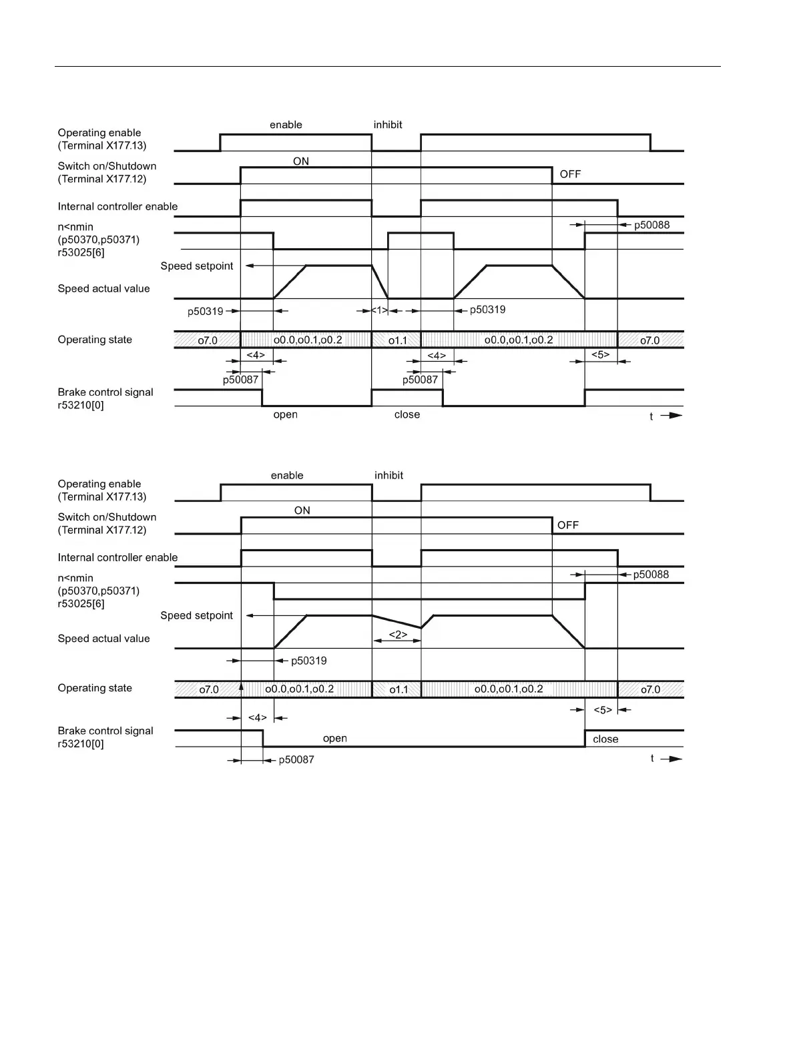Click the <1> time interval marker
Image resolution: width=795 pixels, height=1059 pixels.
point(380,310)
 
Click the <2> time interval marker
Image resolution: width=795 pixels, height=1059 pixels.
point(397,635)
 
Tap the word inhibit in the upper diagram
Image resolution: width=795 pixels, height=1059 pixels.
point(388,125)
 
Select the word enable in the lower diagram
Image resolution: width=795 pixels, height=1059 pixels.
point(287,475)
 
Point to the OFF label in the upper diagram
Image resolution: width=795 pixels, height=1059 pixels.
point(570,174)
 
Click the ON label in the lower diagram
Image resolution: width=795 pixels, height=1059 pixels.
point(302,510)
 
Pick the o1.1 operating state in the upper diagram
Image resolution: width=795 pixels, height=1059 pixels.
point(398,340)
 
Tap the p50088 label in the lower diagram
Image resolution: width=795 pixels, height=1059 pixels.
point(651,574)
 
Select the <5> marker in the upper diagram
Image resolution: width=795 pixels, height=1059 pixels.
point(600,354)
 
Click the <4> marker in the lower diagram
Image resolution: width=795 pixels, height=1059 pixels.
point(257,717)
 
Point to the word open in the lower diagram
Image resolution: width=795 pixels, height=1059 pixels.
point(334,738)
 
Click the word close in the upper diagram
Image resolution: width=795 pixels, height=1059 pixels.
point(407,414)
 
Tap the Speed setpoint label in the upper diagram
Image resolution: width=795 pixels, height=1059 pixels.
point(197,266)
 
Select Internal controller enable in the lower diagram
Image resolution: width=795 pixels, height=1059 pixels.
point(117,557)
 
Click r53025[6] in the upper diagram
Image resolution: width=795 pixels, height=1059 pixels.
point(81,252)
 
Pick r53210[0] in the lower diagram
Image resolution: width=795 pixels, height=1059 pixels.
point(81,743)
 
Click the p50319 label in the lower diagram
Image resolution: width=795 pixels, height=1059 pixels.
point(308,661)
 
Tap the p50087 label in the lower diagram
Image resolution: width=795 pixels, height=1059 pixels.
point(296,759)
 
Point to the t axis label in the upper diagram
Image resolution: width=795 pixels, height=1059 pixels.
point(651,416)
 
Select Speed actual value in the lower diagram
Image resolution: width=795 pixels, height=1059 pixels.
point(103,639)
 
